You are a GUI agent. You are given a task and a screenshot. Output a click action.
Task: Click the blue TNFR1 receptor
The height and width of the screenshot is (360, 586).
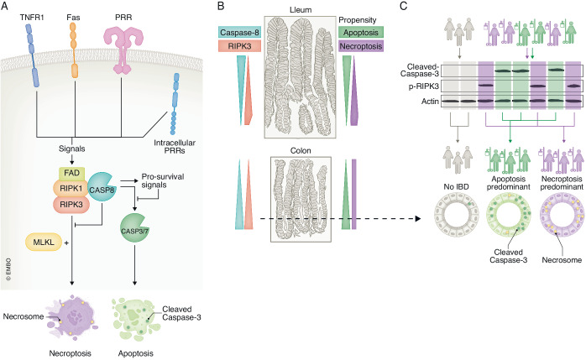33,55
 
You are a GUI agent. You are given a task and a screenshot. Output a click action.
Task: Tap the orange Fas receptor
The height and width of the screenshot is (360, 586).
74,50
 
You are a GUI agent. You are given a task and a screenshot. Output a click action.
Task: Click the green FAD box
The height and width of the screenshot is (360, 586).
71,173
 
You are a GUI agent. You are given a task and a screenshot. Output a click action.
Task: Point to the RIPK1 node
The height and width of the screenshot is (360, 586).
71,189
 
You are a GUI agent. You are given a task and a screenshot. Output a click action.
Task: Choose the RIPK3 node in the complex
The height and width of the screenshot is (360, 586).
71,204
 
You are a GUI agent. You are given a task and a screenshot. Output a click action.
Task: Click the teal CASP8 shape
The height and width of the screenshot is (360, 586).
102,190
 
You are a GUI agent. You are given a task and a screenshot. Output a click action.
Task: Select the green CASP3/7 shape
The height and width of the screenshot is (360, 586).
134,228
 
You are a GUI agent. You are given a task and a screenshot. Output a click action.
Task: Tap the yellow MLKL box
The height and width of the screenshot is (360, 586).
44,243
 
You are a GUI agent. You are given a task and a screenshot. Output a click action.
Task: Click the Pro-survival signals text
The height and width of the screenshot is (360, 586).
163,180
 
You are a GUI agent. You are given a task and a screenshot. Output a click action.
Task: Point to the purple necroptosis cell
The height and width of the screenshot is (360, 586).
72,318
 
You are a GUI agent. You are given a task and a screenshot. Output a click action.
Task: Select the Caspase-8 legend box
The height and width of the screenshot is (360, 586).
239,33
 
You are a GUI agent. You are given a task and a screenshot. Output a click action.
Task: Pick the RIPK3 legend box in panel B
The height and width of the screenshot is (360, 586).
239,46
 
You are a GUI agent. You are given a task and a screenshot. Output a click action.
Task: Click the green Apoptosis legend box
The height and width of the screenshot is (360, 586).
361,33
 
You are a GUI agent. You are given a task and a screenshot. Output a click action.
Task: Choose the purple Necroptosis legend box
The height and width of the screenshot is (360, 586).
361,46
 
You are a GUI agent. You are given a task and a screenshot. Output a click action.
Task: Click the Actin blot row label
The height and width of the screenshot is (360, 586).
430,102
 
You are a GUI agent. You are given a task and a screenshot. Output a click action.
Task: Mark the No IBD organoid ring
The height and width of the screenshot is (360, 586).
457,215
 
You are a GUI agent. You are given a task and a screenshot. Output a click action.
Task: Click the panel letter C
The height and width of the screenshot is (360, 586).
404,6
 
